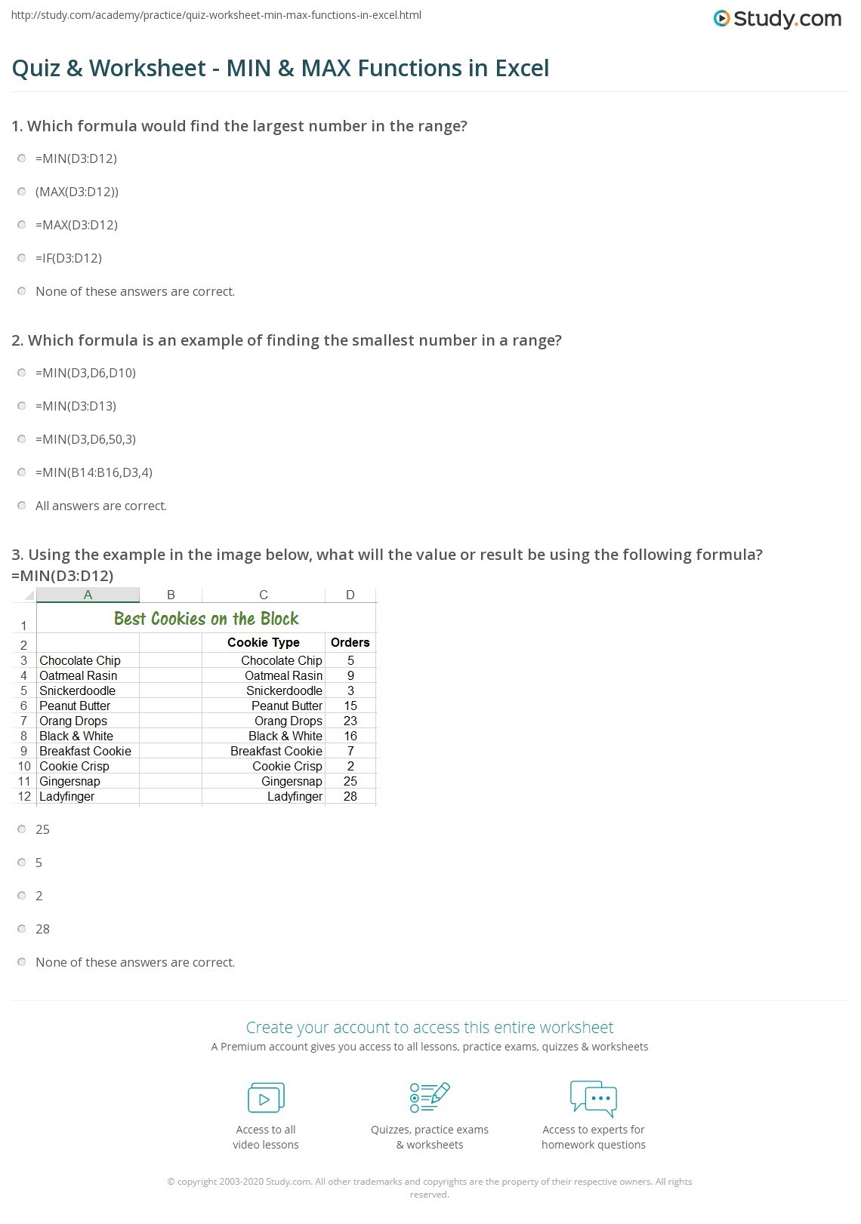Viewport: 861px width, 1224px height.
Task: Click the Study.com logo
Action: [x=777, y=19]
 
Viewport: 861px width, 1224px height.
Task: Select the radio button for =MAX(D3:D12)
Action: [x=22, y=225]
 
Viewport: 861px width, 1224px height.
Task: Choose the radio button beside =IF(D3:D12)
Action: [x=22, y=258]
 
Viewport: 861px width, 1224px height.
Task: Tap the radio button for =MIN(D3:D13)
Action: [x=22, y=406]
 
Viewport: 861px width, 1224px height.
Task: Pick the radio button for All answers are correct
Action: [x=22, y=506]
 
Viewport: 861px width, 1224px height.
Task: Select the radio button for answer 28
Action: [x=22, y=929]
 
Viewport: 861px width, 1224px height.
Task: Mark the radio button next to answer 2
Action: [x=22, y=896]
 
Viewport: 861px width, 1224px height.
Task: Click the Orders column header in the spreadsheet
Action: [x=350, y=642]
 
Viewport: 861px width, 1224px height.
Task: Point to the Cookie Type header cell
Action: [x=263, y=642]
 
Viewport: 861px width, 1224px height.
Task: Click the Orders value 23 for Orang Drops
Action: [x=350, y=721]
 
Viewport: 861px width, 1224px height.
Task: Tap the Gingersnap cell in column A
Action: [x=69, y=781]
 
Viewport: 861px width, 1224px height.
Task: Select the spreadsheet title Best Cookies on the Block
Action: [x=206, y=619]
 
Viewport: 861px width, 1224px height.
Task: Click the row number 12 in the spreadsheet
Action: [x=24, y=796]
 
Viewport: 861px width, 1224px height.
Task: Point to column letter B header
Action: [x=171, y=595]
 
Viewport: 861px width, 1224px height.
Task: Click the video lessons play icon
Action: [x=266, y=1098]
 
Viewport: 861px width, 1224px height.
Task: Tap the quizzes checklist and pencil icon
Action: [x=430, y=1098]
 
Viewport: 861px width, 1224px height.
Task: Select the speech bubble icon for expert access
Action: [x=594, y=1098]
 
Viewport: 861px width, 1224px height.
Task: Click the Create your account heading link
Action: [x=430, y=1027]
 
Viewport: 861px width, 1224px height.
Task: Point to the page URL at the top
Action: [x=217, y=15]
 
